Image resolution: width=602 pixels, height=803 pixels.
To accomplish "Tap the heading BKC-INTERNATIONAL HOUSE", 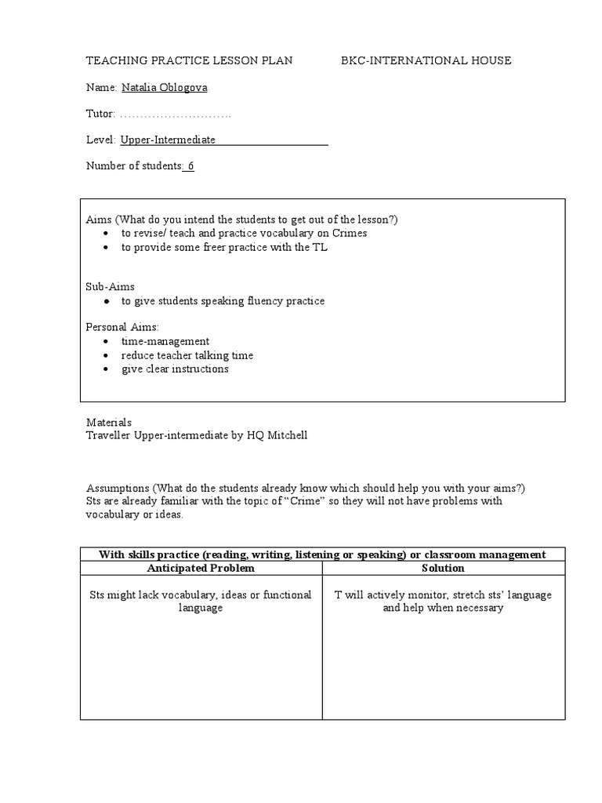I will click(x=426, y=60).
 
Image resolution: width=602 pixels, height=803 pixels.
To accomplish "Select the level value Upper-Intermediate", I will click(x=168, y=140).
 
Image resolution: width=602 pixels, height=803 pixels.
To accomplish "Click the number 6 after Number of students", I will click(x=190, y=165).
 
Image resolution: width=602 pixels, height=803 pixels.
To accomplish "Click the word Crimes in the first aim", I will click(x=350, y=233).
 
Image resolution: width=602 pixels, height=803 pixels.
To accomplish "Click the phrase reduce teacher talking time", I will click(x=187, y=355).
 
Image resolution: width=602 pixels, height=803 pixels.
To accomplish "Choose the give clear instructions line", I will click(x=175, y=369).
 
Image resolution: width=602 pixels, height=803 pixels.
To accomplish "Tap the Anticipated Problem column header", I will click(x=201, y=568).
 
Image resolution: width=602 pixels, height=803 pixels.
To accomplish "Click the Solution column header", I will click(x=443, y=568).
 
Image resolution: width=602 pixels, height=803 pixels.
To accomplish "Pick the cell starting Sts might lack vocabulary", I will click(x=201, y=601).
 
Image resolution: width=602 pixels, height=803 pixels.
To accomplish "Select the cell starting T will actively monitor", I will click(x=443, y=601).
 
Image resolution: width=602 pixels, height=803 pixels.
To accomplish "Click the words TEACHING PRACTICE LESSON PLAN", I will click(x=189, y=60).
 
